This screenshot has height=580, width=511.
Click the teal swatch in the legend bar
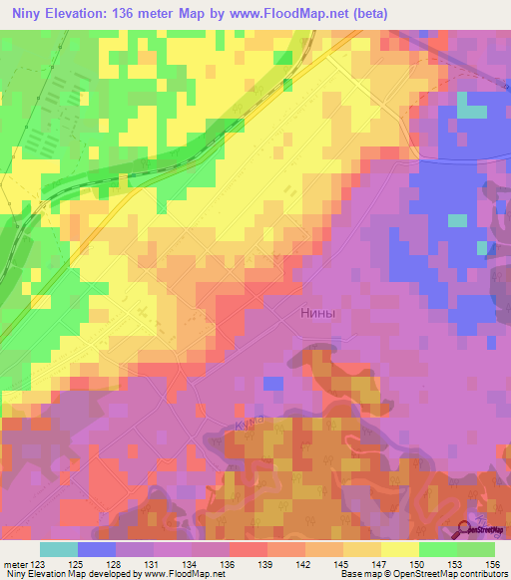click(x=59, y=549)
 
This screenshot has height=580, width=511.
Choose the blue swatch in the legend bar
click(x=97, y=549)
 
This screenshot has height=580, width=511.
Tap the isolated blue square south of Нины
click(x=272, y=383)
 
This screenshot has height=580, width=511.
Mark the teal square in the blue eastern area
click(x=457, y=219)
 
